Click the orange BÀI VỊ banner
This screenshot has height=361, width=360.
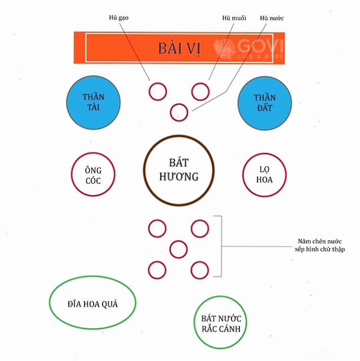coord(179,48)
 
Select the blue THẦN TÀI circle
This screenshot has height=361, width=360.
coord(94,103)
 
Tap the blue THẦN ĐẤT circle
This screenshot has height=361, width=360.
coord(265,103)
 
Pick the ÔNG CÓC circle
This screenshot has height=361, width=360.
coord(72,174)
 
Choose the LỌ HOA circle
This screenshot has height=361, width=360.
coord(243,175)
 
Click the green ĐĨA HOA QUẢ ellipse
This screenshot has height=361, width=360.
coord(50,302)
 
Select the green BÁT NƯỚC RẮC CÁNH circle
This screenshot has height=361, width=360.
coord(194,322)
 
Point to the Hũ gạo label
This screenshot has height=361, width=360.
coord(119,17)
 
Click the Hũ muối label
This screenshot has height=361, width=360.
coord(234,18)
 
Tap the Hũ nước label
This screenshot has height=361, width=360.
coord(272,18)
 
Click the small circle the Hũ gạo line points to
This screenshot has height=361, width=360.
coord(149,91)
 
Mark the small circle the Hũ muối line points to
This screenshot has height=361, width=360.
coord(192,91)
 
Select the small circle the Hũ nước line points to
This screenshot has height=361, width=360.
coord(171,113)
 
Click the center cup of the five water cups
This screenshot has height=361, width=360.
coord(170,249)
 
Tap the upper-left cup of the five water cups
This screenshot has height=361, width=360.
coord(149,228)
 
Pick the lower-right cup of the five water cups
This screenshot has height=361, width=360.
coord(191,270)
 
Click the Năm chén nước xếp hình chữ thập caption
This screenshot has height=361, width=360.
coord(319,245)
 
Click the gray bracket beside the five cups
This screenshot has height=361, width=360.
coord(221,246)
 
